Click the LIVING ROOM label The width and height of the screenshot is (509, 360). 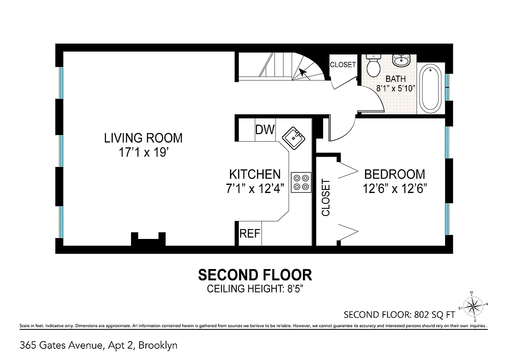tap(143, 138)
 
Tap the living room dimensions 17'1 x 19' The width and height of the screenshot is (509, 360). tap(143, 153)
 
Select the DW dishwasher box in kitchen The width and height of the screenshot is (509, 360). tap(265, 130)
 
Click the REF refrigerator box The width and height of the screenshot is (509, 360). tap(249, 234)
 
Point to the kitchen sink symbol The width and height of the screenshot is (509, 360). tap(294, 137)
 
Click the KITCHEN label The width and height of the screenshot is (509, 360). tap(255, 174)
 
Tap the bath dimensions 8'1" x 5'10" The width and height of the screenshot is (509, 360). tap(395, 88)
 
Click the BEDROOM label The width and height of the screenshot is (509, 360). tap(394, 174)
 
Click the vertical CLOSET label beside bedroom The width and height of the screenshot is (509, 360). tap(326, 198)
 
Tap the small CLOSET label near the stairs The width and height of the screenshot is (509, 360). tap(342, 64)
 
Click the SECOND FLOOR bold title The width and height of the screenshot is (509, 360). tap(255, 274)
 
